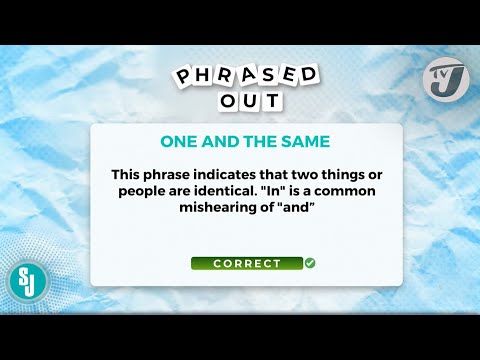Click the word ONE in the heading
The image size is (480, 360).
click(181, 141)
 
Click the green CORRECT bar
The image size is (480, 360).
click(246, 264)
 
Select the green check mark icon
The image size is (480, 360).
click(310, 263)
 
